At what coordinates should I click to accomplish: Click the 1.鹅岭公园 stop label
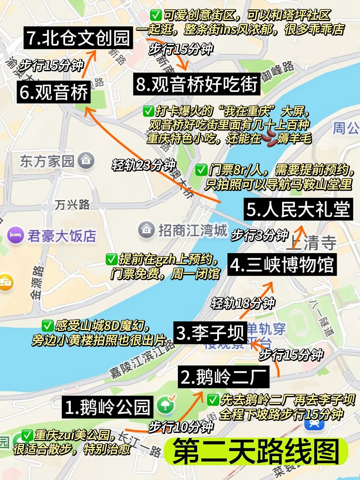point(107,407)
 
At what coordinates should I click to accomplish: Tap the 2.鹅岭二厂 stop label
point(223,377)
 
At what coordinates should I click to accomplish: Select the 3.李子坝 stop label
point(210,333)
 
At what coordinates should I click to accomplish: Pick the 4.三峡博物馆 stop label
point(282,265)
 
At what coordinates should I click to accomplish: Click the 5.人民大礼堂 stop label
point(298,209)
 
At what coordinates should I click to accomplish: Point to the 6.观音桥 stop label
point(54,92)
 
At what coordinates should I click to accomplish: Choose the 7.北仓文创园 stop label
point(78,38)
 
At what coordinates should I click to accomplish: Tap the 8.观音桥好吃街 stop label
point(197,84)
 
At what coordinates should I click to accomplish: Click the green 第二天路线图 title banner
point(256,451)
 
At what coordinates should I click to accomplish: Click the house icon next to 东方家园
point(86,161)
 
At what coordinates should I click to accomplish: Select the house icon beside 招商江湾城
point(146,230)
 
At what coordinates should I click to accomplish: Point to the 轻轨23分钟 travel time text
point(144,165)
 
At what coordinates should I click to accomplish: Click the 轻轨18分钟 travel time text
point(243,303)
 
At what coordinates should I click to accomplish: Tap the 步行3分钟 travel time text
point(260,235)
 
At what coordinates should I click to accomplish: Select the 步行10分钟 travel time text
point(181,427)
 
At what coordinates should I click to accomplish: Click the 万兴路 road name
point(72,204)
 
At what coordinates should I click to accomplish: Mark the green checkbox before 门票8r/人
point(201,170)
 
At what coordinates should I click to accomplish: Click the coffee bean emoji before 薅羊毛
point(269,138)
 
